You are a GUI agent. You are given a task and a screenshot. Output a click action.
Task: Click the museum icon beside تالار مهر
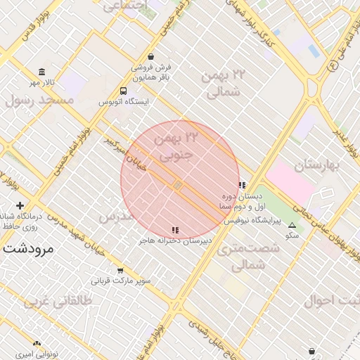point(42,72)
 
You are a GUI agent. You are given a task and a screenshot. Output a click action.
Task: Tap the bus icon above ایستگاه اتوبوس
point(124,91)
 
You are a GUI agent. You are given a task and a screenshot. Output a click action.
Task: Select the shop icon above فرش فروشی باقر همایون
point(150,57)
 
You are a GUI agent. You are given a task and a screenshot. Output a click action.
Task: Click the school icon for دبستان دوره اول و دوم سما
point(243,186)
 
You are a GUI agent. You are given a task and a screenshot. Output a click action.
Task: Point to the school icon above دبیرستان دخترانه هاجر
point(175,230)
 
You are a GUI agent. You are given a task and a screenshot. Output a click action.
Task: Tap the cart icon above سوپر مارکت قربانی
point(120,271)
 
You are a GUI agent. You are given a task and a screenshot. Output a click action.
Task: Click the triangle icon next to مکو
point(292,226)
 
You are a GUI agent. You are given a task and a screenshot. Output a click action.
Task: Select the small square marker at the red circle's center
point(179,185)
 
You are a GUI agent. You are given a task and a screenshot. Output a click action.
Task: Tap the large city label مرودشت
point(29,248)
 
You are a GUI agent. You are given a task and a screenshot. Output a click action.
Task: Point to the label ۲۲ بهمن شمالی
point(224,83)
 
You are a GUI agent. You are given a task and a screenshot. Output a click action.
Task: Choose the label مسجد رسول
point(39,101)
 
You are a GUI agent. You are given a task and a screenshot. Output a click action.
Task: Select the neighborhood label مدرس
point(115,217)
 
